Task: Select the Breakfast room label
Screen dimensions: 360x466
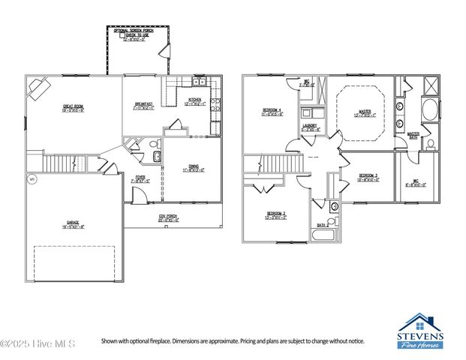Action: point(143,106)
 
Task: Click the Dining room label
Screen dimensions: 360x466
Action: point(193,169)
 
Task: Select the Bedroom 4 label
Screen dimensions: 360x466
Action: point(272,112)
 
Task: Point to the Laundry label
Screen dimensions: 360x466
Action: point(310,127)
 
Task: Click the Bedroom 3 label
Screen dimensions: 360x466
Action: point(367,176)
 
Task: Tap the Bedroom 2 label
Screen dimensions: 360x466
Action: point(275,215)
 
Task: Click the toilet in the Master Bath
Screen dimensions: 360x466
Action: point(431,142)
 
